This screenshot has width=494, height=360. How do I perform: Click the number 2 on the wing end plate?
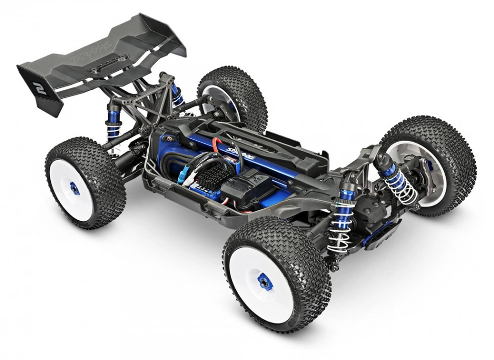click(39, 88)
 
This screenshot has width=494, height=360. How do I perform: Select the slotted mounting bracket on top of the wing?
click(109, 64)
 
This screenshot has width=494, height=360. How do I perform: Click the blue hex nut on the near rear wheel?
click(74, 188)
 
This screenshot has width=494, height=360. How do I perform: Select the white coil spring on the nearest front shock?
click(340, 227)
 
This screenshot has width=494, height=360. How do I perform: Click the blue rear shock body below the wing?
click(113, 123)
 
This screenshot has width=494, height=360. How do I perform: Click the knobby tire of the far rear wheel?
click(232, 89)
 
